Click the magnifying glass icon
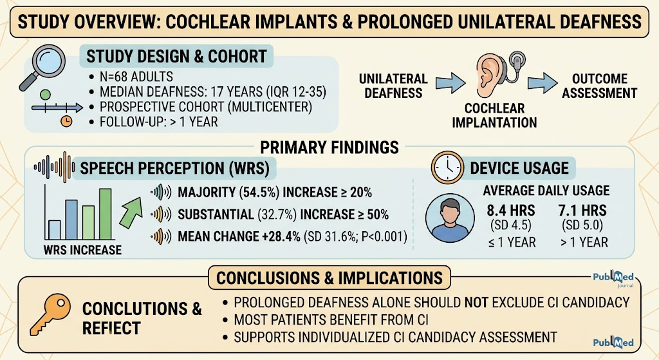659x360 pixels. coord(43,67)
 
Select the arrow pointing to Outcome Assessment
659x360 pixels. coord(542,82)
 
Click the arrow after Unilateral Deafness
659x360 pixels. coord(450,82)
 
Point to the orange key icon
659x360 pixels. coord(51,314)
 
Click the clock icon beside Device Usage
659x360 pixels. coord(447,167)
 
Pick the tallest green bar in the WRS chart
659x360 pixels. coord(105,214)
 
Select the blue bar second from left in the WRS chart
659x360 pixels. coord(71,220)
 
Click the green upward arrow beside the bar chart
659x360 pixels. coord(131,213)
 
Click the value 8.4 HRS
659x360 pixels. coord(511,211)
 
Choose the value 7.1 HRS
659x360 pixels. coord(582,211)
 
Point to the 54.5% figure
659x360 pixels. coord(259,192)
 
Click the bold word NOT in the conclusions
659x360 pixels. coord(476,303)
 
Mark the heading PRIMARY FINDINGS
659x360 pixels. coord(329,147)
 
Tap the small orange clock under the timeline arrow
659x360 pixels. coord(66,122)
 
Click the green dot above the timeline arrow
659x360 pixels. coord(45,95)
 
